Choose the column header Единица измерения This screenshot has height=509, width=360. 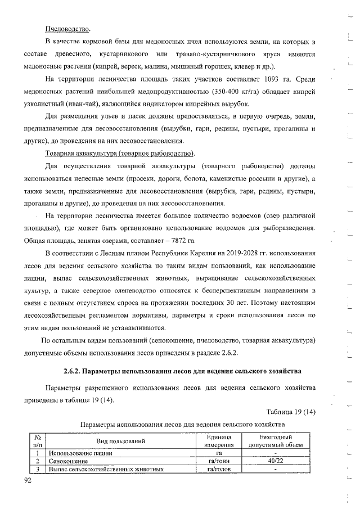[219, 441]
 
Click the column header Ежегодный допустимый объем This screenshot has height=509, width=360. [275, 441]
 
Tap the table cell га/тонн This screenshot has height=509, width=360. [219, 460]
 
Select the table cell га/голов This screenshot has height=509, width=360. [219, 469]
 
